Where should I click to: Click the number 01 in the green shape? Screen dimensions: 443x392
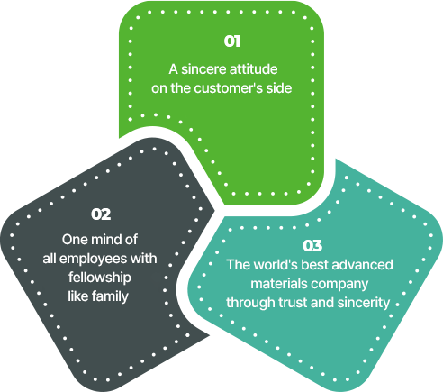coord(232,41)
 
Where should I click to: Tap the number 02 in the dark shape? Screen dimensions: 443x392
coord(101,214)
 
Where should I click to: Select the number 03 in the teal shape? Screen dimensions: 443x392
coord(312,246)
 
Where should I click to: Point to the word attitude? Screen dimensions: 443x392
coord(253,69)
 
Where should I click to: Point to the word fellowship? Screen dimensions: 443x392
coord(100,278)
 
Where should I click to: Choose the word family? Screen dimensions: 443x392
coord(110,297)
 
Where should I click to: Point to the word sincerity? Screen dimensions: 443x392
coord(364,304)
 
